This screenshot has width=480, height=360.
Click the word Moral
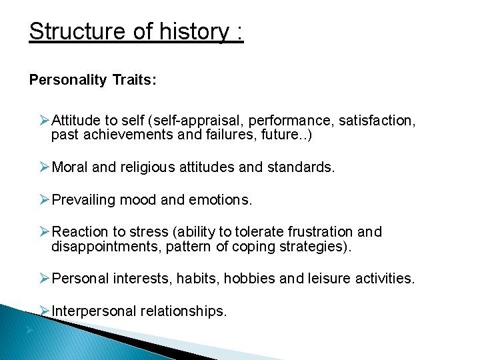point(70,167)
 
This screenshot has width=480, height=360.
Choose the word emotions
point(218,199)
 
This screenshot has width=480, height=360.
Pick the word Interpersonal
point(95,311)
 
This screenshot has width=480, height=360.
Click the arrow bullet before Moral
point(45,167)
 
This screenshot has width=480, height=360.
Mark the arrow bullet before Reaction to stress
point(45,231)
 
